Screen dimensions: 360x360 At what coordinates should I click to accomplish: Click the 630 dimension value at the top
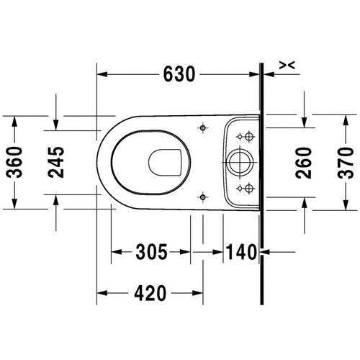click(178, 73)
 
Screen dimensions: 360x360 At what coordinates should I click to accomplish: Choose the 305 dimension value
click(150, 252)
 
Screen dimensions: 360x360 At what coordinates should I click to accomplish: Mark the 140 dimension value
click(240, 252)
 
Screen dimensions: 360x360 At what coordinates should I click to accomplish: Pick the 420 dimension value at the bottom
click(149, 293)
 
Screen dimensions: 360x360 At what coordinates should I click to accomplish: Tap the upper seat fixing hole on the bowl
click(204, 127)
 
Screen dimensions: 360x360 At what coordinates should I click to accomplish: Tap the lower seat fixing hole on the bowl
click(204, 194)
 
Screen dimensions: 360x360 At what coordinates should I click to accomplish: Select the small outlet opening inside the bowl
click(166, 162)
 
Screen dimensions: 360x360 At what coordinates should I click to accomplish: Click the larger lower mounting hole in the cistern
click(249, 187)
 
